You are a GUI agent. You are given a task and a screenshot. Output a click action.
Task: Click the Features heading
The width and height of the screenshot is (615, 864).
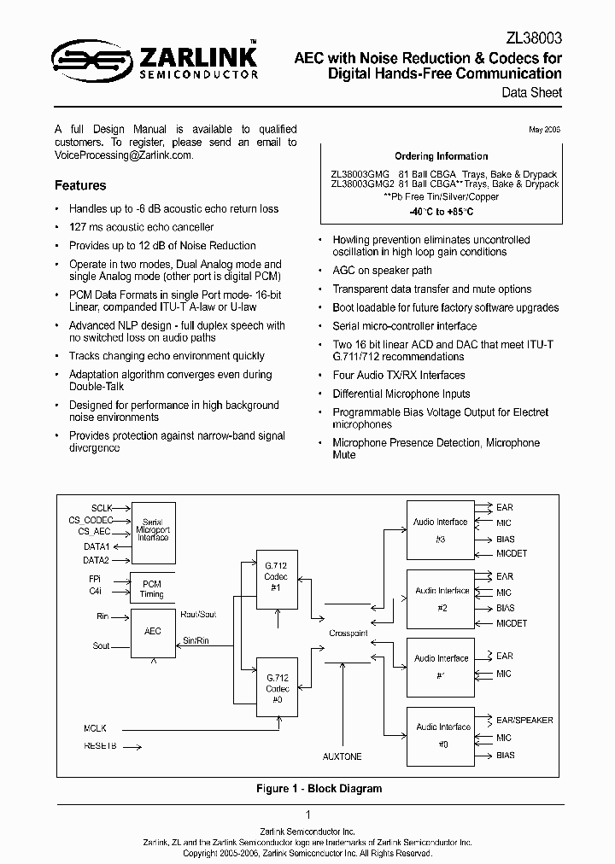click(80, 185)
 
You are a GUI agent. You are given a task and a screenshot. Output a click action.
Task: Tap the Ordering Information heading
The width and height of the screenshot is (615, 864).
click(442, 156)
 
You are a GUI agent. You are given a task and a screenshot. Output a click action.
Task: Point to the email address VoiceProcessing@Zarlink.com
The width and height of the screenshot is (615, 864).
click(123, 155)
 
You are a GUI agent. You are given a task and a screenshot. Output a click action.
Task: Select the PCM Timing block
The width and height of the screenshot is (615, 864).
click(152, 589)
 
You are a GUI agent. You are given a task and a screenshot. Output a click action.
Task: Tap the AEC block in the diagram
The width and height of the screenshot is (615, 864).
click(152, 632)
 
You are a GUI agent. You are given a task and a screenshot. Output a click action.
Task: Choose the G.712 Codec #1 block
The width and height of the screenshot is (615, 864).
click(276, 583)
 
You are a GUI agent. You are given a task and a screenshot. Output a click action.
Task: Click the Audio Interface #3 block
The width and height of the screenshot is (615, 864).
click(441, 529)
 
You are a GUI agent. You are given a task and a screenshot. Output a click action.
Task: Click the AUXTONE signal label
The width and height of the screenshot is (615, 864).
click(342, 756)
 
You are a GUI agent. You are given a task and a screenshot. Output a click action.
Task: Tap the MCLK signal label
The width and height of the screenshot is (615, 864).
click(96, 728)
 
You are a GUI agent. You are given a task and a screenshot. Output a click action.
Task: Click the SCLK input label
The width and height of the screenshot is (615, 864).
click(102, 508)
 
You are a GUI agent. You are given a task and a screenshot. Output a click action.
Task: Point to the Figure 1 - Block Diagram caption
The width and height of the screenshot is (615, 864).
click(319, 789)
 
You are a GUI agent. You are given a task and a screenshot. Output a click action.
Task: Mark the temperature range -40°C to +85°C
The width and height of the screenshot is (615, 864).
click(441, 211)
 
